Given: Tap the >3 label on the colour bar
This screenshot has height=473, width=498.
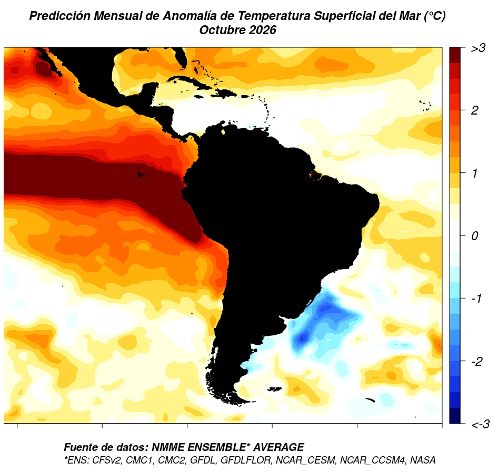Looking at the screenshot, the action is [479, 48].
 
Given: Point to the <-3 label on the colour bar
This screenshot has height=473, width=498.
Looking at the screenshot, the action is [480, 424].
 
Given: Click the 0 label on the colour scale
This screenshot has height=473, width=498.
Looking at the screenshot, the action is [474, 236].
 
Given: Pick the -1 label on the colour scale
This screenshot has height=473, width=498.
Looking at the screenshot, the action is [476, 299].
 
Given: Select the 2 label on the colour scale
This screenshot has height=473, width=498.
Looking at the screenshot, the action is [474, 110].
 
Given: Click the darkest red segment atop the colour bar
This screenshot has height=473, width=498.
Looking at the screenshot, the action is [455, 55].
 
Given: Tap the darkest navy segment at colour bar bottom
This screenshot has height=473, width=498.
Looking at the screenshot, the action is [455, 416].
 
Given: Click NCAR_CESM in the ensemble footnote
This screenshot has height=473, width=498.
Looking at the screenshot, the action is [305, 460].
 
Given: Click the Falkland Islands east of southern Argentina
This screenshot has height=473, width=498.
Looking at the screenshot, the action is [275, 389].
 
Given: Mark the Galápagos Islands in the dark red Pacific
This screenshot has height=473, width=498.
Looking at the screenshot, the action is [142, 174].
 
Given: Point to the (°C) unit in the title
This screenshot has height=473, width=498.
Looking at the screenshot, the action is [435, 16].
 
